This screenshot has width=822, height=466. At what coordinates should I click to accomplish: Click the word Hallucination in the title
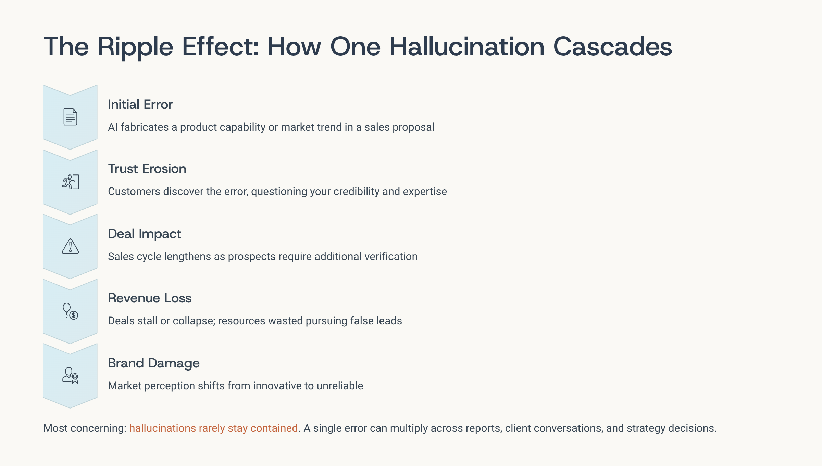pos(467,47)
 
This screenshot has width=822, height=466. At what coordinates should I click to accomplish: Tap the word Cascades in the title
pos(613,47)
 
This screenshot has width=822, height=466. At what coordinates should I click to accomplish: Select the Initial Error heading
pos(140,104)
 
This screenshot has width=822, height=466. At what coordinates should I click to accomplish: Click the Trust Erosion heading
pos(147,169)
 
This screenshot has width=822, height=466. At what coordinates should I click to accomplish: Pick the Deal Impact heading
pos(145,234)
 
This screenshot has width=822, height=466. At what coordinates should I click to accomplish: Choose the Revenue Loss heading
pos(150,298)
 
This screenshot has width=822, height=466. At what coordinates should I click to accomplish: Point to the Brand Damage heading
pos(154,363)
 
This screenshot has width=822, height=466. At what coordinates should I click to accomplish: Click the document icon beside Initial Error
pos(70,117)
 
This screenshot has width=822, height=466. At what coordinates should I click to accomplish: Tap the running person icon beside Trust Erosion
pos(70,182)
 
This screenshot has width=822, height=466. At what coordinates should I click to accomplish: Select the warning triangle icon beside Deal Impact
pos(70,246)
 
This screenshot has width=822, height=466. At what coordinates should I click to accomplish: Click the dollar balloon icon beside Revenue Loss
pos(70,311)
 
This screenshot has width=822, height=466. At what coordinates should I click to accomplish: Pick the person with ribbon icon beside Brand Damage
pos(70,376)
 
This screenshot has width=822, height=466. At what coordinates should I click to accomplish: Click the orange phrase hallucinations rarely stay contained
pos(213,428)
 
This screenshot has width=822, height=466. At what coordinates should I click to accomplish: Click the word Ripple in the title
pos(135,47)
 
